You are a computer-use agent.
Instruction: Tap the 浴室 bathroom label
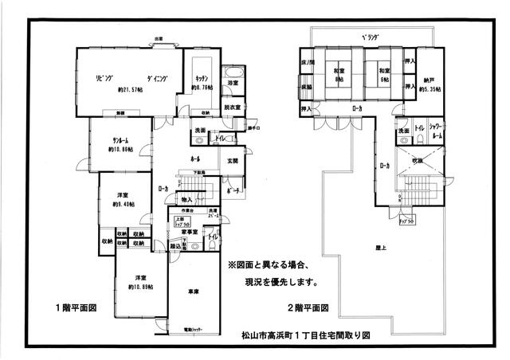233,83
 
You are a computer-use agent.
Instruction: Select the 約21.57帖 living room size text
130,89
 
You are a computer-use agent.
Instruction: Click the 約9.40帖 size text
122,204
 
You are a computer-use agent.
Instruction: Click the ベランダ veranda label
370,37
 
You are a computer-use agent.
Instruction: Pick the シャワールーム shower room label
434,131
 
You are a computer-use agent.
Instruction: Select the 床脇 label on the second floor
307,85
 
